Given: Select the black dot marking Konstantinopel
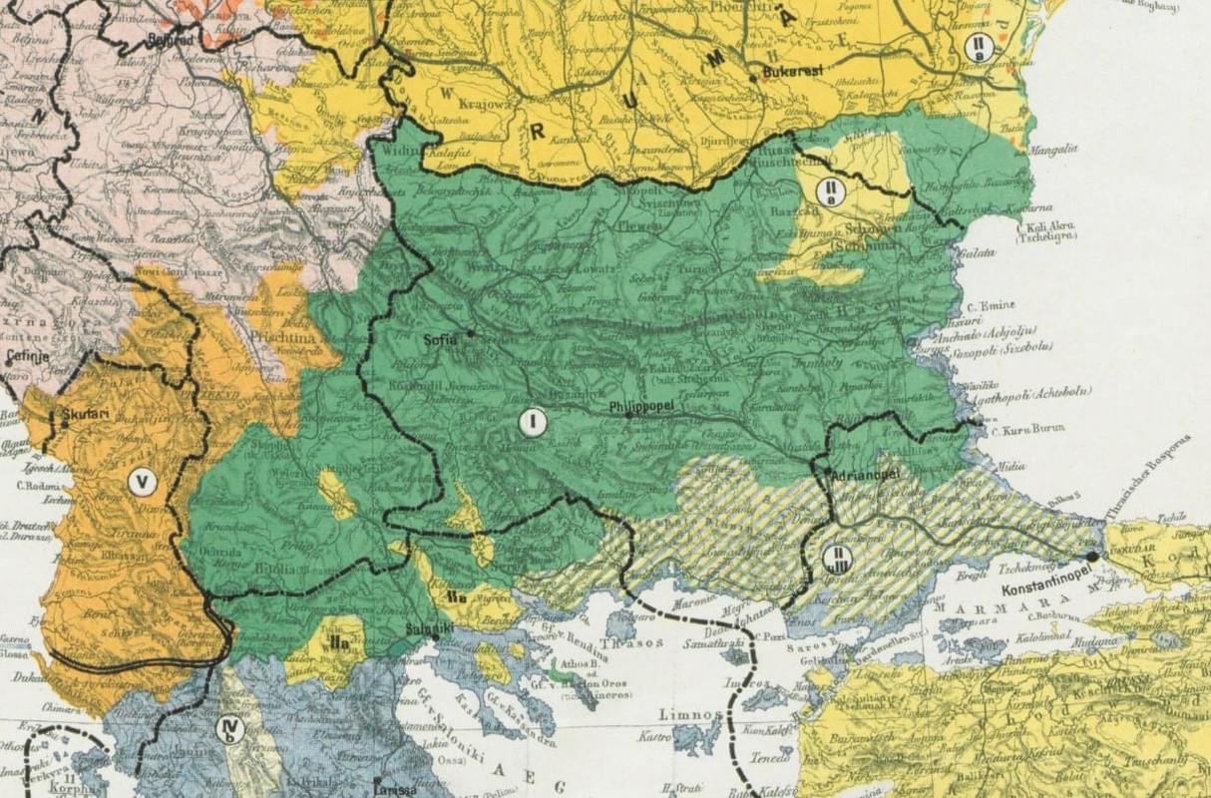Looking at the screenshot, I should (1093, 556).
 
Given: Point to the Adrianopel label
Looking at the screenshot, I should (860, 476).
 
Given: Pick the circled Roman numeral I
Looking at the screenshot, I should (534, 423).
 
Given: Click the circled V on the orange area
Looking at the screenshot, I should (144, 483).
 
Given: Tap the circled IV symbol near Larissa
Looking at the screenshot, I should (229, 730).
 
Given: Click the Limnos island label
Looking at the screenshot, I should (689, 715).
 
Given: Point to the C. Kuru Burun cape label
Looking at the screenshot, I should (1027, 429).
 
